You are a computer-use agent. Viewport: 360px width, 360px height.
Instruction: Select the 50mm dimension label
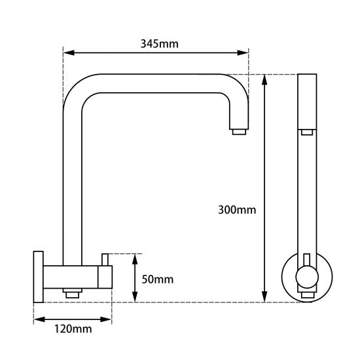click(158, 279)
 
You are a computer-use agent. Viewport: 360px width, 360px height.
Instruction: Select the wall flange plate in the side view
click(39, 276)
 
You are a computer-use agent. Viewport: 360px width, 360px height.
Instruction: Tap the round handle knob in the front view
click(306, 279)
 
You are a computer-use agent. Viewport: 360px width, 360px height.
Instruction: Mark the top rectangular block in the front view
click(306, 102)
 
